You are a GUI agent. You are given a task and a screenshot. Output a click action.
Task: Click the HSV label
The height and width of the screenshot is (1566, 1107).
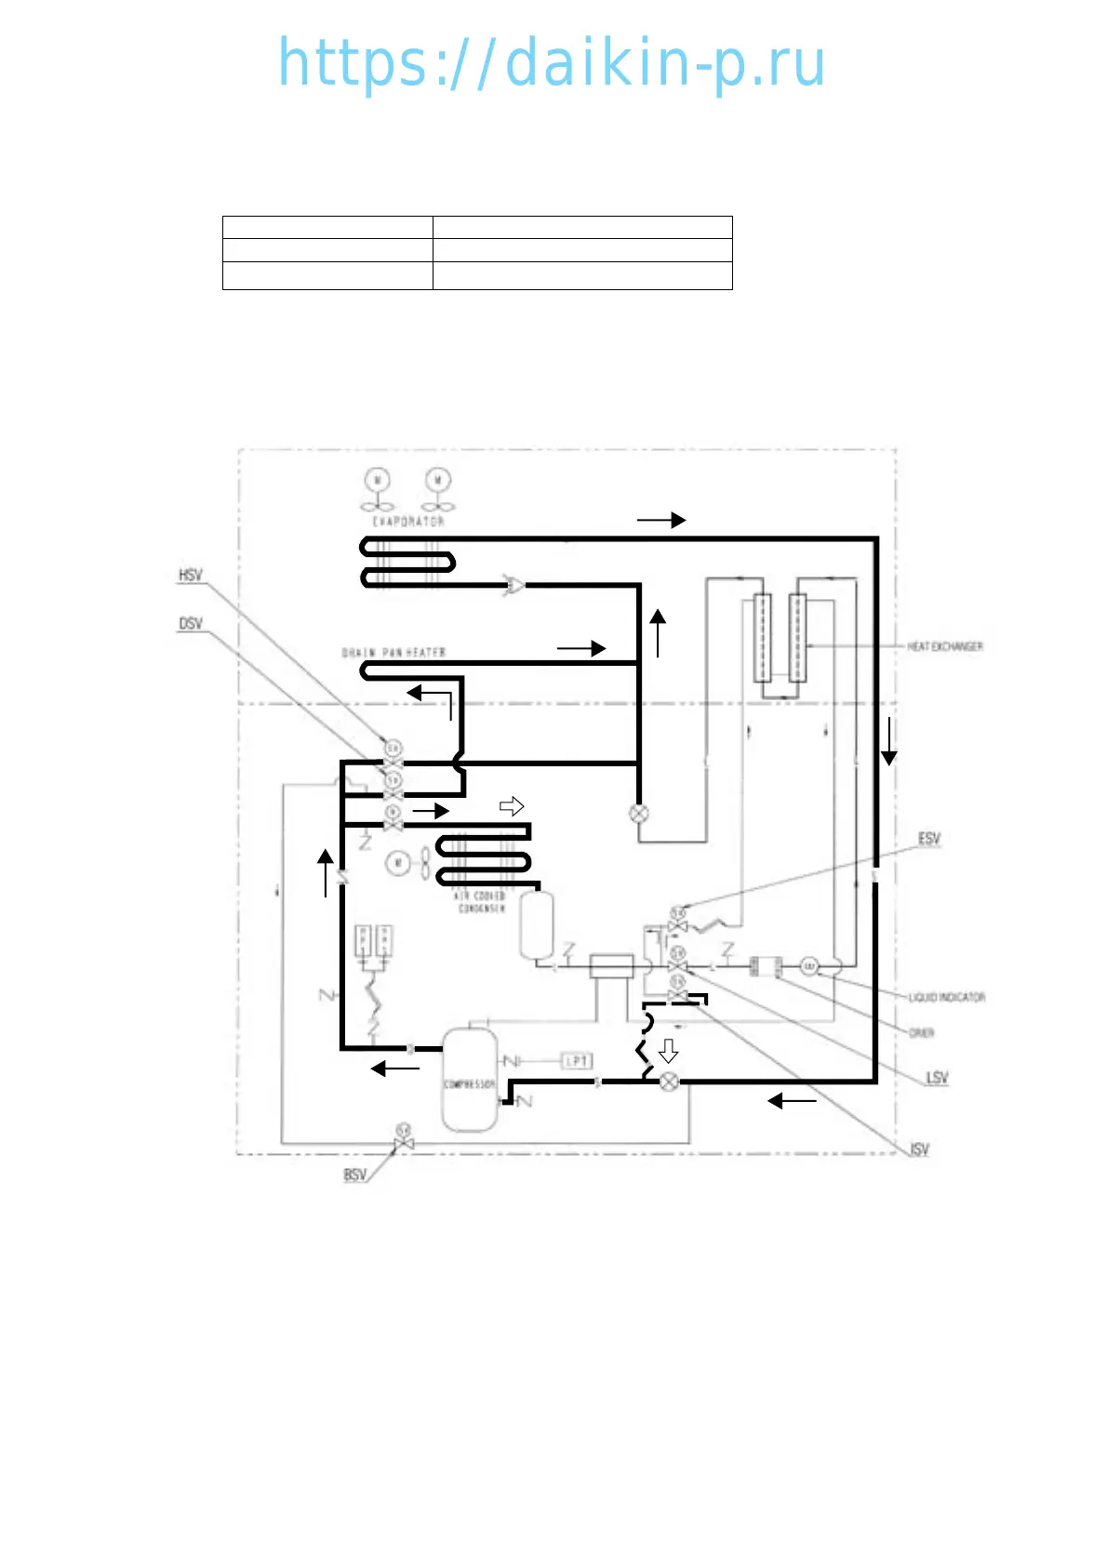tap(191, 576)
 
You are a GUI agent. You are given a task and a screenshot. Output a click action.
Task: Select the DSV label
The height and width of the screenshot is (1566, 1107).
tap(191, 624)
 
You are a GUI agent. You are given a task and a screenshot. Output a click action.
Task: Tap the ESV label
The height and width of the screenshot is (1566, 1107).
tap(929, 839)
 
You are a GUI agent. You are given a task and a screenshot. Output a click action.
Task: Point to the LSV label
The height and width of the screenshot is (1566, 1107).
tap(937, 1078)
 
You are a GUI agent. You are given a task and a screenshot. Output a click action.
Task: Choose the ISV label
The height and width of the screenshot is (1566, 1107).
tap(920, 1149)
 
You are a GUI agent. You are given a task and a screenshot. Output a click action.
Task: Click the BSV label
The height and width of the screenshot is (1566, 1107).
tap(355, 1175)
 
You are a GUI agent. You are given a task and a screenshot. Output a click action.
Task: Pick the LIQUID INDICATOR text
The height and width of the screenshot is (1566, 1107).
tap(946, 997)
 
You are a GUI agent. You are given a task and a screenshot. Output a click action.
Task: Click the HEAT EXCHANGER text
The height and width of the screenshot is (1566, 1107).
tap(945, 646)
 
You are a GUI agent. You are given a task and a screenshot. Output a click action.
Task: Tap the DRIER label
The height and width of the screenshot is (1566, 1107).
tap(922, 1033)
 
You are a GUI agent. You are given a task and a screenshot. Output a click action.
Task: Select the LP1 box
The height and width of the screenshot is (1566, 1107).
tap(577, 1061)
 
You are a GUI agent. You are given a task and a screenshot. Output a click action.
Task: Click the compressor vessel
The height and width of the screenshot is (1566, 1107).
tap(469, 1079)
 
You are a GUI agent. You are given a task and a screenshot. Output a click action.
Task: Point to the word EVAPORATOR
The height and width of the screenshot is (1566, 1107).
tap(409, 522)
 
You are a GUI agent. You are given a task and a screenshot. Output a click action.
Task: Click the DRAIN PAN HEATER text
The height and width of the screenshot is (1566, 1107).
tap(394, 653)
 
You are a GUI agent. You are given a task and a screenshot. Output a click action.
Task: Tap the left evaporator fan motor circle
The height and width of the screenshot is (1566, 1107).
tap(378, 480)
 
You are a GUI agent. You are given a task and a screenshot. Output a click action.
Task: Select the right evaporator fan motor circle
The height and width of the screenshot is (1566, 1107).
tap(438, 480)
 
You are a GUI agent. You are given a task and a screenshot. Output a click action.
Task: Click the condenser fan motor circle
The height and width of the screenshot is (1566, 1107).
tap(398, 863)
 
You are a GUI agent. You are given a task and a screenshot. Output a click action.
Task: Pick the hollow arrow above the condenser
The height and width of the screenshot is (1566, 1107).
tap(512, 806)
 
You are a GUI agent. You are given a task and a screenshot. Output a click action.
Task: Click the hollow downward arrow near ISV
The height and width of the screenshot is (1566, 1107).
tap(668, 1051)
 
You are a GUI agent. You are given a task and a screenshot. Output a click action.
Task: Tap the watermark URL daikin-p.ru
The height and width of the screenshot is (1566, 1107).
tap(553, 63)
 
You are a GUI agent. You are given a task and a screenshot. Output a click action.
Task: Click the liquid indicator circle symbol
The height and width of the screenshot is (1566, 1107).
tap(809, 967)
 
